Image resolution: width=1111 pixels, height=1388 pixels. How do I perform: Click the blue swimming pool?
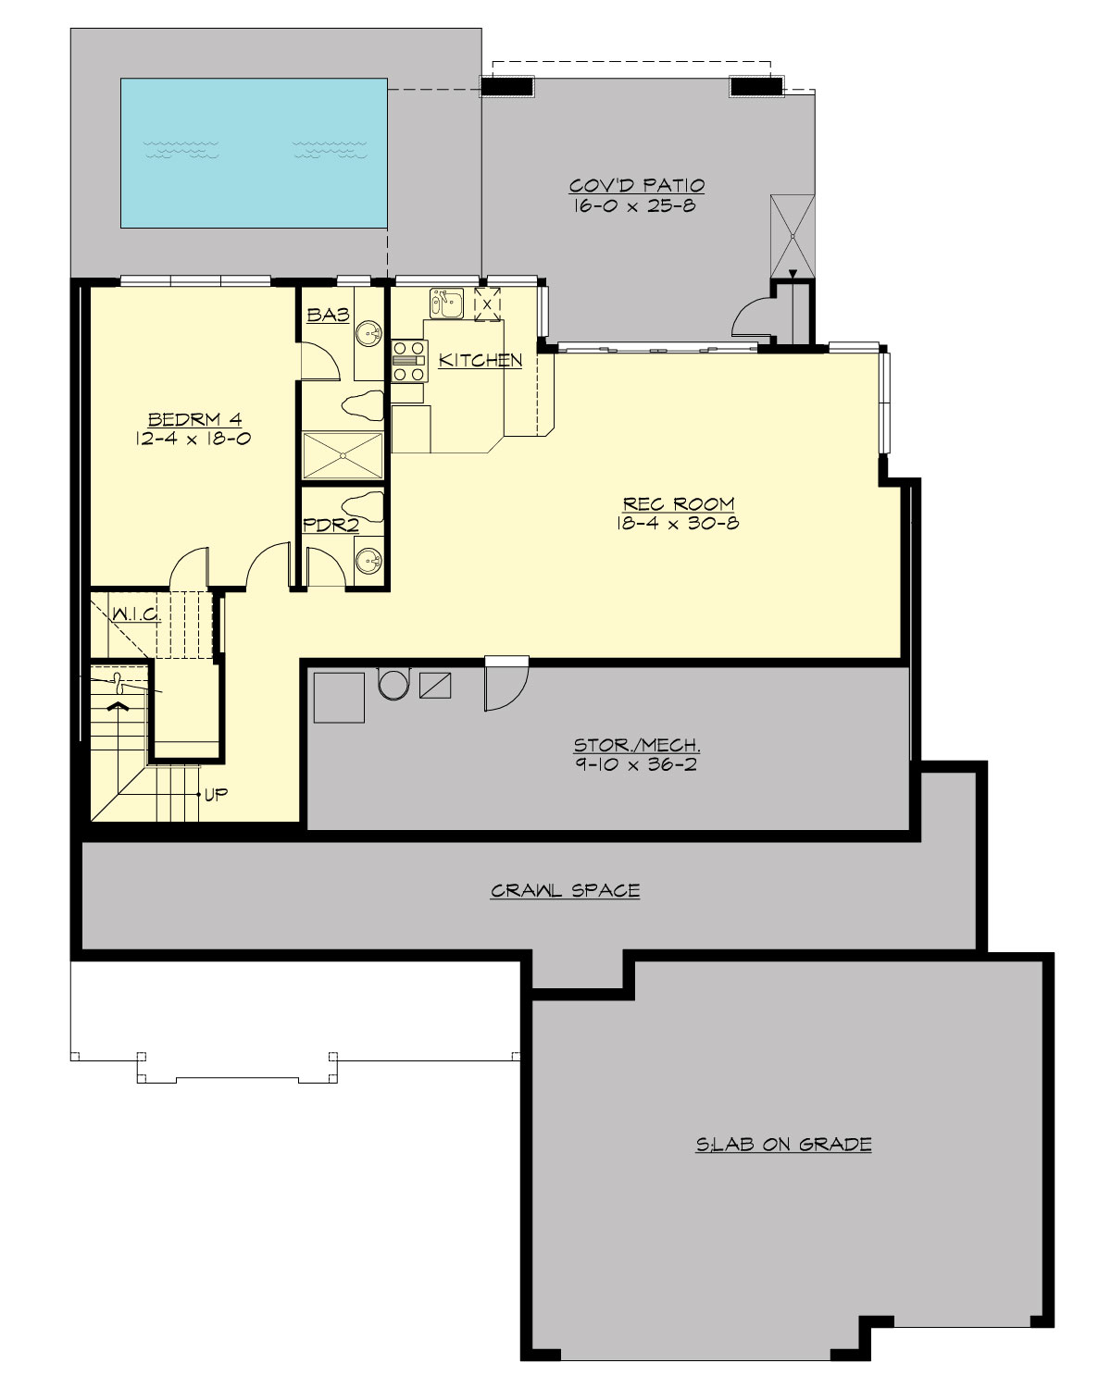click(x=253, y=153)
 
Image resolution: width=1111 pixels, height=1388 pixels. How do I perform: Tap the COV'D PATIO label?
click(x=637, y=185)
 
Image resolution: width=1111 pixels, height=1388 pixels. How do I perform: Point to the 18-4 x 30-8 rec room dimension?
click(x=678, y=524)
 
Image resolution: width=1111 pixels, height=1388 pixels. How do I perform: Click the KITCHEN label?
click(x=480, y=360)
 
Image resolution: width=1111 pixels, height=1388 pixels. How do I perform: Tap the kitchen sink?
click(x=446, y=303)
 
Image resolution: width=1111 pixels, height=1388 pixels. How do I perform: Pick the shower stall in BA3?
click(x=343, y=454)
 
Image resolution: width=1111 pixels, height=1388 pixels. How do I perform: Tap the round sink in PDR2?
click(x=369, y=560)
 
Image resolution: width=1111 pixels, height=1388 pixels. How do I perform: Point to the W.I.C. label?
click(x=136, y=613)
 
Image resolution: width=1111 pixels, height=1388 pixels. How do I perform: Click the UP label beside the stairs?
click(x=216, y=794)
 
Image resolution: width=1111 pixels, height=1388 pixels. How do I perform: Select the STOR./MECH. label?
click(x=637, y=745)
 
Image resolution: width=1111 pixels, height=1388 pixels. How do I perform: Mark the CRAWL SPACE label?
click(x=565, y=891)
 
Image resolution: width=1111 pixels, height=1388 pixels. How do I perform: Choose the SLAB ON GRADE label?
click(x=783, y=1145)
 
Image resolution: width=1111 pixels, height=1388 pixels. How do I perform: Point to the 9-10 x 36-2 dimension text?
click(x=637, y=765)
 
